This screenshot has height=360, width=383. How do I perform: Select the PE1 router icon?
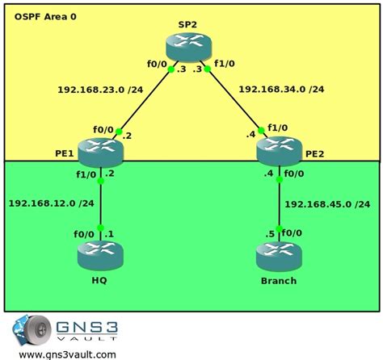(102, 150)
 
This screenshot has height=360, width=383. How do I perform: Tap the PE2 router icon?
(280, 150)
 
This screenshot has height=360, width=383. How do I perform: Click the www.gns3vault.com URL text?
(66, 354)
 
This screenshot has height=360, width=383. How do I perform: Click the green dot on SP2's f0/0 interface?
(170, 70)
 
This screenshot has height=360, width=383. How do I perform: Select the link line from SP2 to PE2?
(242, 101)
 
